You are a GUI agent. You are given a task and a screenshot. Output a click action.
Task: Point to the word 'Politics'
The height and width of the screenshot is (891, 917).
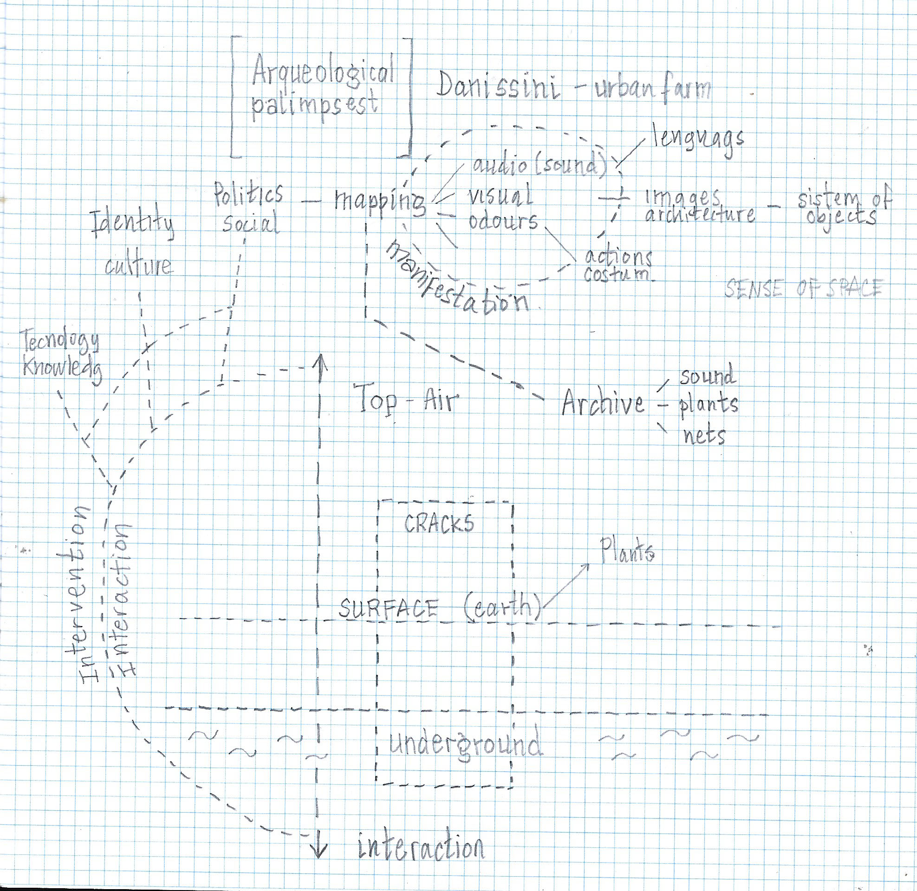click(x=248, y=193)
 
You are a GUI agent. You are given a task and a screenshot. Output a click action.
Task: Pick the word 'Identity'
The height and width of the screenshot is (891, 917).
click(x=134, y=226)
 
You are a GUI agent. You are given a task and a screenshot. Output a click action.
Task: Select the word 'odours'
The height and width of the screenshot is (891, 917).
click(x=503, y=221)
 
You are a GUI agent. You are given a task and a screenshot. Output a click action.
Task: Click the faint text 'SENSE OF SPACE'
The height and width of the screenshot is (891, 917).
click(x=803, y=289)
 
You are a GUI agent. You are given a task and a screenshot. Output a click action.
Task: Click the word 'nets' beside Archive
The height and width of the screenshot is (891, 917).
click(x=703, y=437)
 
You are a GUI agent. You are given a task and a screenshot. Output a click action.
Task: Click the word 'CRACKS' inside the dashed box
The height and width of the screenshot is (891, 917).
click(x=439, y=523)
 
